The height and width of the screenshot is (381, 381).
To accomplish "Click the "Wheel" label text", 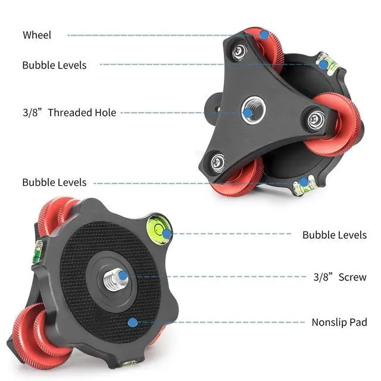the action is coord(37,35).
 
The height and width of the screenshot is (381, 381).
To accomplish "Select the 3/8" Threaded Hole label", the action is coord(69,113).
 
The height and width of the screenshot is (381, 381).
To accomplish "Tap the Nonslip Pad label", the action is coord(339,323).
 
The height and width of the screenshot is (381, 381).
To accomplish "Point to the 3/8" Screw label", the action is coord(340,277).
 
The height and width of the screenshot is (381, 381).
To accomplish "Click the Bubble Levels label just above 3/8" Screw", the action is coord(335,235).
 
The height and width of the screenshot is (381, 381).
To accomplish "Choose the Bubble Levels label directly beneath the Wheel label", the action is coord(54,65).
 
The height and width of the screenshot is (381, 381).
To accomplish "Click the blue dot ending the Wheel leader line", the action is coord(264,35).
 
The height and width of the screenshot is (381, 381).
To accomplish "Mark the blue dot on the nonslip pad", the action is coord(133,323).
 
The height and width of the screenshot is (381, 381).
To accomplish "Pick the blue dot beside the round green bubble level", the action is coord(167,234).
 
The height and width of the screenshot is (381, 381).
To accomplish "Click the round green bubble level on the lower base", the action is coord(157,227).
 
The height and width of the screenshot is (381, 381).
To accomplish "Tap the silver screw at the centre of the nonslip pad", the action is coord(111,280).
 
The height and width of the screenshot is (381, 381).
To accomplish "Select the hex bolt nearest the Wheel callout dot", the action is coord(239,52).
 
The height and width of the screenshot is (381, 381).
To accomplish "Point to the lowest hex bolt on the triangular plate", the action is coord(218,161).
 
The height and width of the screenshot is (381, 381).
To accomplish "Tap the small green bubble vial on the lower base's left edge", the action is coord(37,251).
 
